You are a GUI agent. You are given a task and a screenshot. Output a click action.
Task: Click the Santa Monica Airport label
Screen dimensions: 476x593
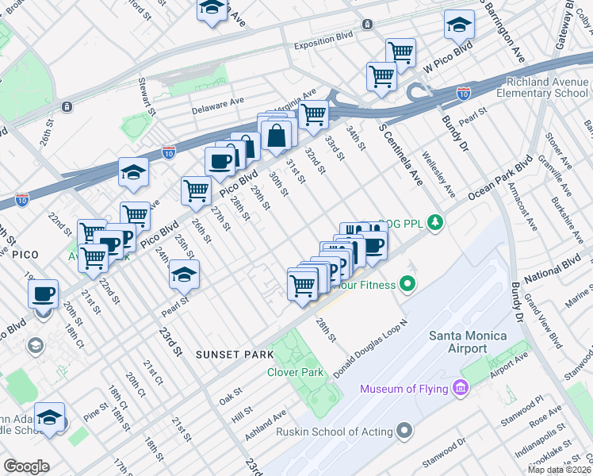pos(468,342)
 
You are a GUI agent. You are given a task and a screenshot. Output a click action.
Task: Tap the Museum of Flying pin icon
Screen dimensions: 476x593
pos(461,388)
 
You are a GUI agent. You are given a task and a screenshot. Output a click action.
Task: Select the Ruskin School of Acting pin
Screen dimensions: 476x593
pos(405,432)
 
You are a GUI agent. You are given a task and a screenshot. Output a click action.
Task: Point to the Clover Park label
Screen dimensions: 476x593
pos(294,372)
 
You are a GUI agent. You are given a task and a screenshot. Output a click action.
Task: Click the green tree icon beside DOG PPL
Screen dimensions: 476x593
pos(434,222)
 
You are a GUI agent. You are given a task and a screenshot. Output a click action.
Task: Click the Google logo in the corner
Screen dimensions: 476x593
pos(26,466)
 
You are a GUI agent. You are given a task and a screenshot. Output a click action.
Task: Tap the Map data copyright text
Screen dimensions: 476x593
pos(559,470)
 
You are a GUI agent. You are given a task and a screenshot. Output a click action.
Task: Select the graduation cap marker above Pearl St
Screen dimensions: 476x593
pos(184,274)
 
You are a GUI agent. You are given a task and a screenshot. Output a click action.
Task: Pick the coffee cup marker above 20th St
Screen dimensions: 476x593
pos(44,294)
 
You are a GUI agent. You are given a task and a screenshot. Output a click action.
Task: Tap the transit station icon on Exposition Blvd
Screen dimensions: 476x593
pos(367,25)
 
